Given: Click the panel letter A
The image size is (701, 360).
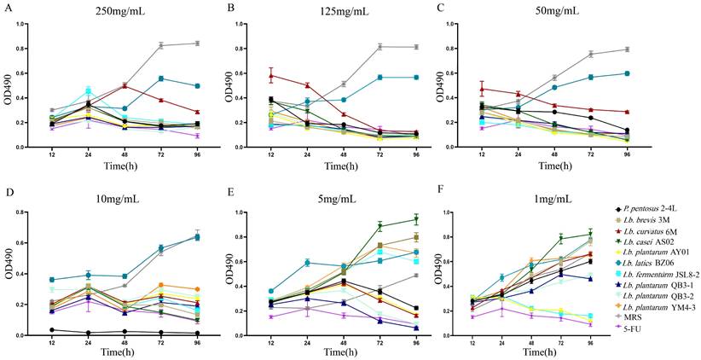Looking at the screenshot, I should [6, 8].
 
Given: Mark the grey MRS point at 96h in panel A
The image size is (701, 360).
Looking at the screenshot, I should [198, 44].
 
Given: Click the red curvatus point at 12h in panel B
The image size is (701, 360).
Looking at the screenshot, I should [271, 75].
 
